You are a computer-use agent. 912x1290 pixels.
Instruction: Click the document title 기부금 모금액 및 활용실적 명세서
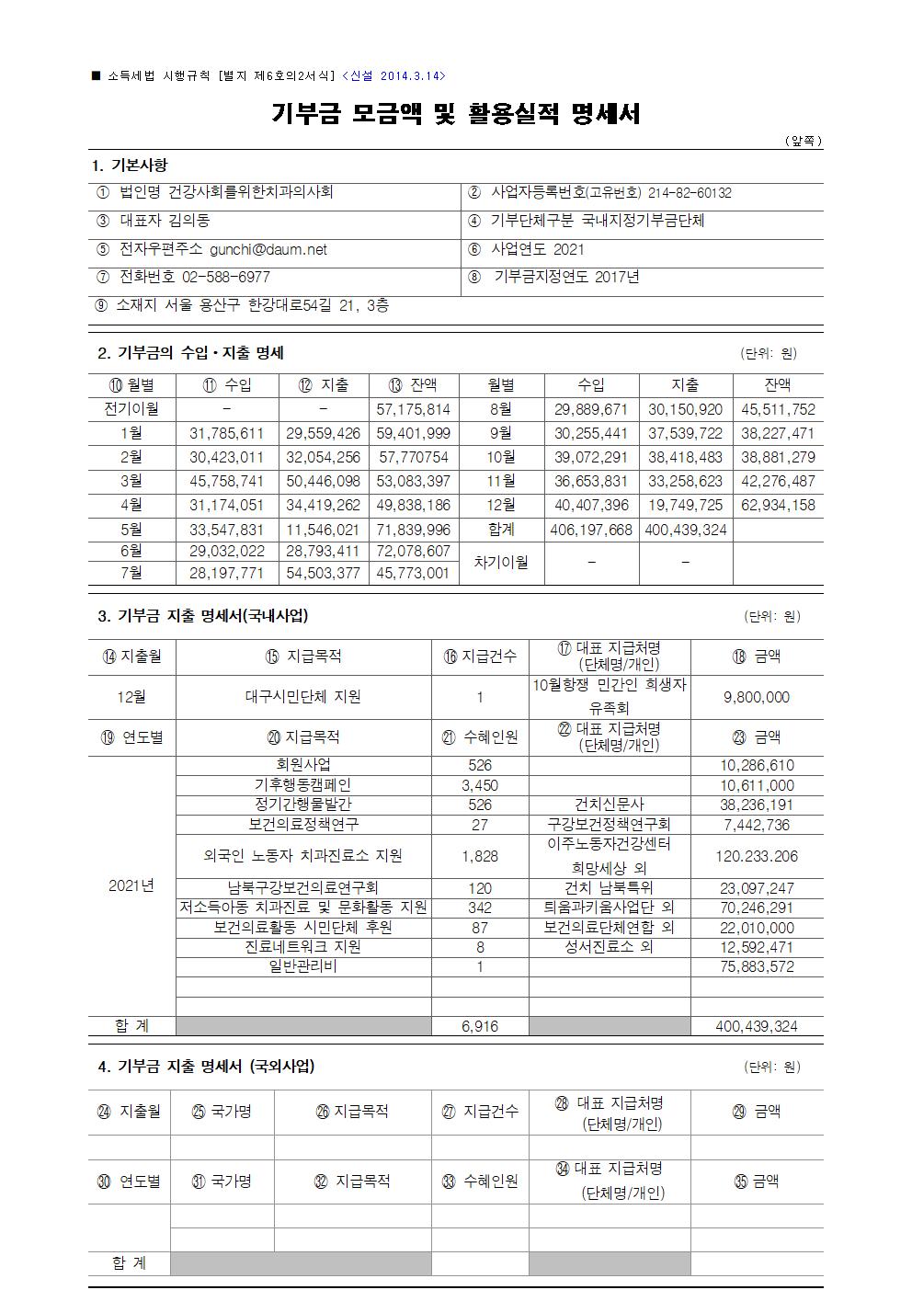[455, 113]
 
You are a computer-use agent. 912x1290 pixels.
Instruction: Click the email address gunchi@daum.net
[268, 249]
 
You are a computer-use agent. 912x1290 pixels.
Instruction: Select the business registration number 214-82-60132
[690, 193]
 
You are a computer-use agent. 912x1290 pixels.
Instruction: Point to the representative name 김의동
[189, 221]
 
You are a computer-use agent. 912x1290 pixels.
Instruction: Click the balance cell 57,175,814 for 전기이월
[413, 409]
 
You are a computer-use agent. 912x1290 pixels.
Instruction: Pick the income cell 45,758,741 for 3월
[226, 481]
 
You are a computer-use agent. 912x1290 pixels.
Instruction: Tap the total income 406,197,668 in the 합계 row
[590, 530]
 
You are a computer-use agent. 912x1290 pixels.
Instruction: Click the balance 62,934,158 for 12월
[778, 505]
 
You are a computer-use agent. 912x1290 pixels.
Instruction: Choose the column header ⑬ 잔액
[413, 385]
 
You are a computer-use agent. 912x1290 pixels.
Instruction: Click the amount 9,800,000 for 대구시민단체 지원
[756, 697]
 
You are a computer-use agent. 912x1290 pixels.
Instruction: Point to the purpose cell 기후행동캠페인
[302, 785]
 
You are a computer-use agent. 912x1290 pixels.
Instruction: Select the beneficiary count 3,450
[479, 785]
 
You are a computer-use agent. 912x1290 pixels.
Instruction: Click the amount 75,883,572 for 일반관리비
[756, 966]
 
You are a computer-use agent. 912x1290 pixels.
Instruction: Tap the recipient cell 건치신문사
[609, 805]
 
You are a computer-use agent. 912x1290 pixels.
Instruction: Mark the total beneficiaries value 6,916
[479, 1026]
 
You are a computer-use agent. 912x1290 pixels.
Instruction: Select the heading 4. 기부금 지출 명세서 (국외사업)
[207, 1067]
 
